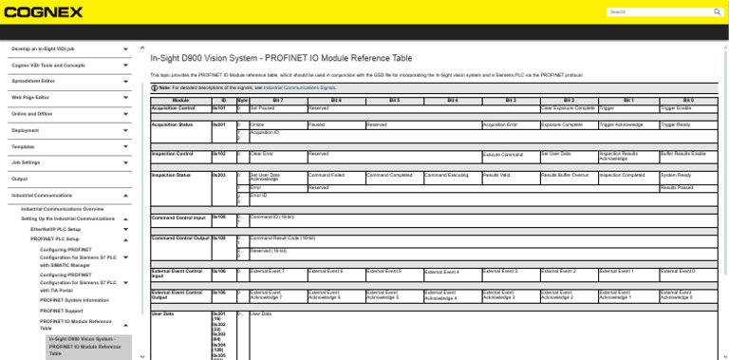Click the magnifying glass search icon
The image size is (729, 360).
pyautogui.click(x=717, y=11)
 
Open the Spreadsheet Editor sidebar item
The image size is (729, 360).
pyautogui.click(x=33, y=81)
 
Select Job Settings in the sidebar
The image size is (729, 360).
pyautogui.click(x=26, y=162)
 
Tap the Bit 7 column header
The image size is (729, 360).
pyautogui.click(x=277, y=100)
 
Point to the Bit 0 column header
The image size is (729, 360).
pyautogui.click(x=688, y=100)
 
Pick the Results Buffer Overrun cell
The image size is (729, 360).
pyautogui.click(x=567, y=175)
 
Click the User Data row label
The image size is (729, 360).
pyautogui.click(x=163, y=313)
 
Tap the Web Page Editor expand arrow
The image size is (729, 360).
pyautogui.click(x=126, y=98)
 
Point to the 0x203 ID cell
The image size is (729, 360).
pyautogui.click(x=218, y=175)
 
